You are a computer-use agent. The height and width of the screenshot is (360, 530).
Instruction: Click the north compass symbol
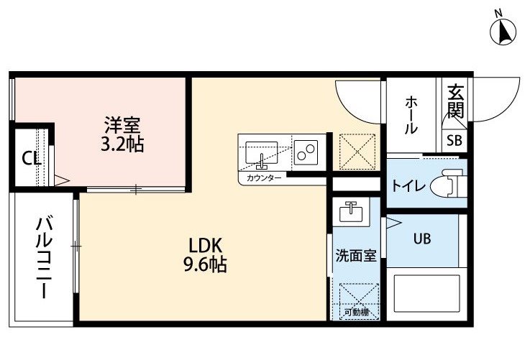point(503,30)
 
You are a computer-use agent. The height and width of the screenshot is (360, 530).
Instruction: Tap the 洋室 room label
point(122,125)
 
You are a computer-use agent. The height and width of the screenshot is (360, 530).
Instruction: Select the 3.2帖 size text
point(122,144)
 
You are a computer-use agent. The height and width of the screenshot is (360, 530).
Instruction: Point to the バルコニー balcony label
point(45,258)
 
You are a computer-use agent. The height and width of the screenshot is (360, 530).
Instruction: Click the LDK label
point(205,246)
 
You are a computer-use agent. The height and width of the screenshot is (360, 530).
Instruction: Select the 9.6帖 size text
point(205,264)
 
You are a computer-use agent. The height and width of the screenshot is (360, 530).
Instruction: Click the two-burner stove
point(306,152)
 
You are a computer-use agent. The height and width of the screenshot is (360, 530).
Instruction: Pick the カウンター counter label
point(264,178)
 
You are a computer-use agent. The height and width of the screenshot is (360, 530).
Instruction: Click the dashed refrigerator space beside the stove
point(357,152)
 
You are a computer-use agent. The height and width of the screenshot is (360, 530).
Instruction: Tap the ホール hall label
point(411,115)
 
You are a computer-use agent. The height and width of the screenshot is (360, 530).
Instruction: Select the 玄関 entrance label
point(455,101)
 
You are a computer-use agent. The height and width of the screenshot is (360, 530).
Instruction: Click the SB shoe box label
point(454,140)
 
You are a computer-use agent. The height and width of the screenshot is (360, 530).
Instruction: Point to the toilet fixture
point(452,183)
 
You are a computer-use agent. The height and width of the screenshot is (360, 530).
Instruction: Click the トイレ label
point(408,185)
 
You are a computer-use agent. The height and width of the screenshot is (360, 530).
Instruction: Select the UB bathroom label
point(422,239)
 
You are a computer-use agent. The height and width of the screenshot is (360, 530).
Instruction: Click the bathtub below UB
point(427,293)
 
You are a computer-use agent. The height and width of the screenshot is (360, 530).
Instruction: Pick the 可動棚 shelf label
point(357,313)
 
